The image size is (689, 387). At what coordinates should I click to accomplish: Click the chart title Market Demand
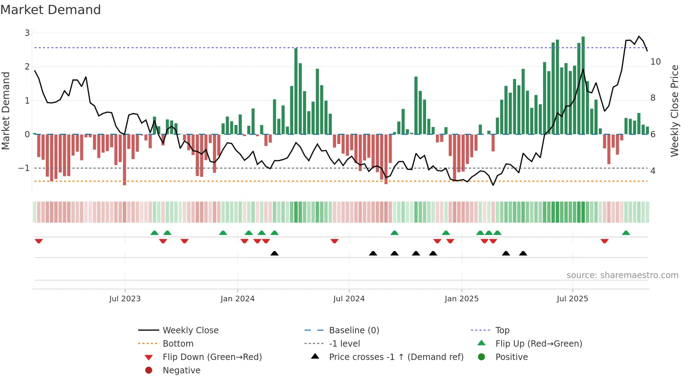(x=51, y=10)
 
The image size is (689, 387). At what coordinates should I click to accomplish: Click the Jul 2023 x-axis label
(x=125, y=299)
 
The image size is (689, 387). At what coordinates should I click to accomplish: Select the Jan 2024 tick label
(x=237, y=299)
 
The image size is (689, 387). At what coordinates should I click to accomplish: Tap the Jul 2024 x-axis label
(x=349, y=299)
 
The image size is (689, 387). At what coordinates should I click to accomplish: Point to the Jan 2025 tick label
(x=461, y=299)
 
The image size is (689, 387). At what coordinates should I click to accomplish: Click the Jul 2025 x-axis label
(x=572, y=299)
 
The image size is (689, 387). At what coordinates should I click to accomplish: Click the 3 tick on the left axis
(x=27, y=33)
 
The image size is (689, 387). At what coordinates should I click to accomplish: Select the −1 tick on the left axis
(x=24, y=168)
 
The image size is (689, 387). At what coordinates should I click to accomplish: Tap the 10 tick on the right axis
(x=655, y=62)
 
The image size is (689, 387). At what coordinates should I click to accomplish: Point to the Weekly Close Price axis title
(x=674, y=111)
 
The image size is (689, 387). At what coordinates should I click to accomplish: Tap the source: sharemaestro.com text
(x=622, y=275)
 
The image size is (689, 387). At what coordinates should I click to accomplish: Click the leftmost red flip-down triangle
(x=39, y=241)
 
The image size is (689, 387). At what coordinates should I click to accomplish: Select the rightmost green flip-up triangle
(x=626, y=233)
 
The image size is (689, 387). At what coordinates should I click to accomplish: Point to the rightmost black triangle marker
(x=523, y=254)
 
